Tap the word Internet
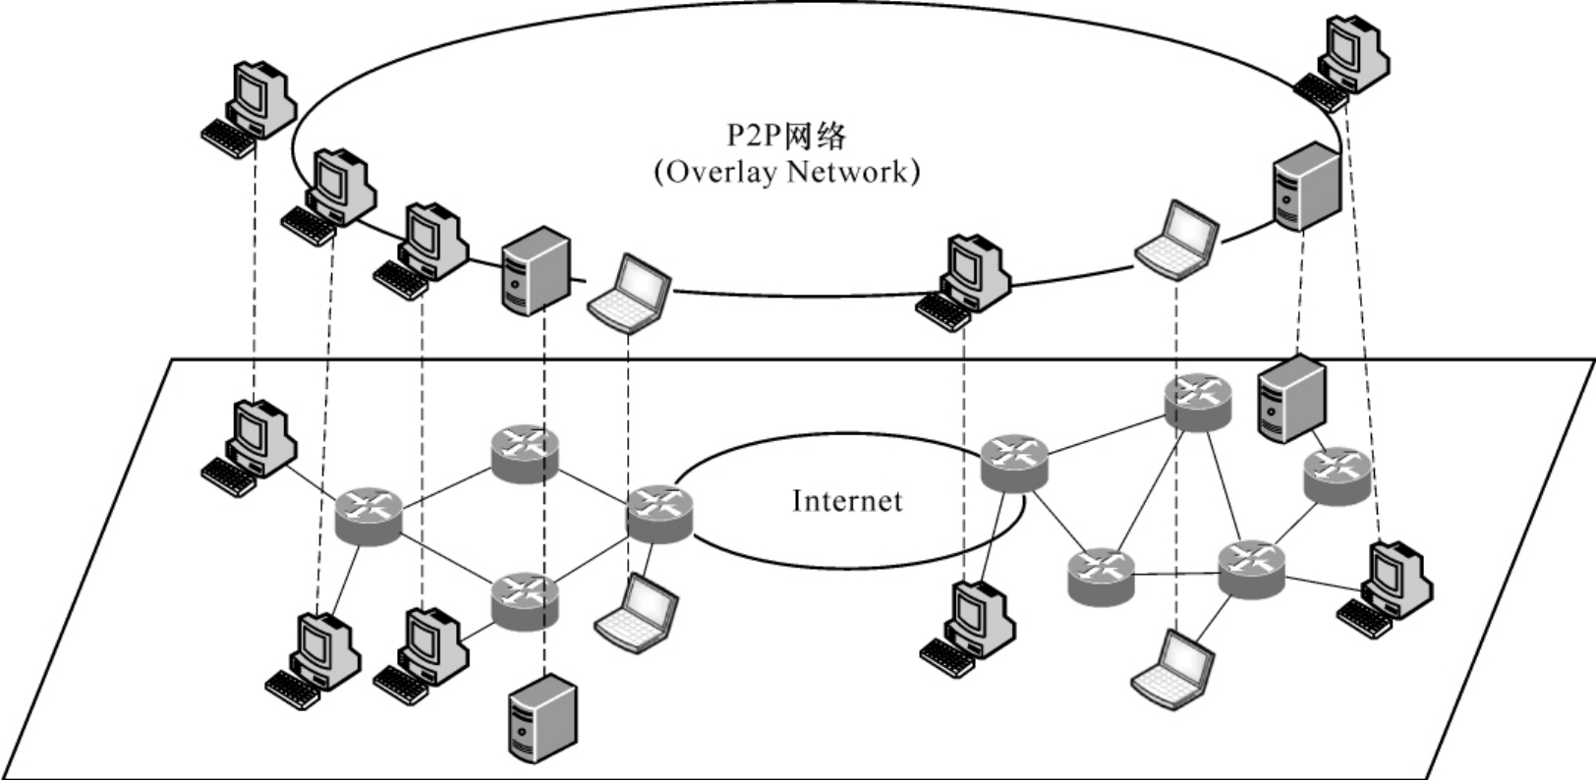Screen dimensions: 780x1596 click(846, 501)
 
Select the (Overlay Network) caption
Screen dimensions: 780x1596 click(786, 172)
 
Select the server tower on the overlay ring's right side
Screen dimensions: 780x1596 click(1305, 187)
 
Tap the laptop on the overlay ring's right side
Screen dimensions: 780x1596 click(1177, 241)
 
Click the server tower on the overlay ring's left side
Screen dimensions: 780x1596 click(536, 270)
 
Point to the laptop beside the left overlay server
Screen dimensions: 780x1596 click(630, 292)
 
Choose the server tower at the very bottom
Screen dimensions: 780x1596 click(541, 718)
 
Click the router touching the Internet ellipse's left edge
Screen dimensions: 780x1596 click(659, 514)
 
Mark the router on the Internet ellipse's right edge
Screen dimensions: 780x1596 click(1014, 463)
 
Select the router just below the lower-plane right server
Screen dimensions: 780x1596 click(1337, 475)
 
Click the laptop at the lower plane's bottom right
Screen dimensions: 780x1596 click(1174, 671)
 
